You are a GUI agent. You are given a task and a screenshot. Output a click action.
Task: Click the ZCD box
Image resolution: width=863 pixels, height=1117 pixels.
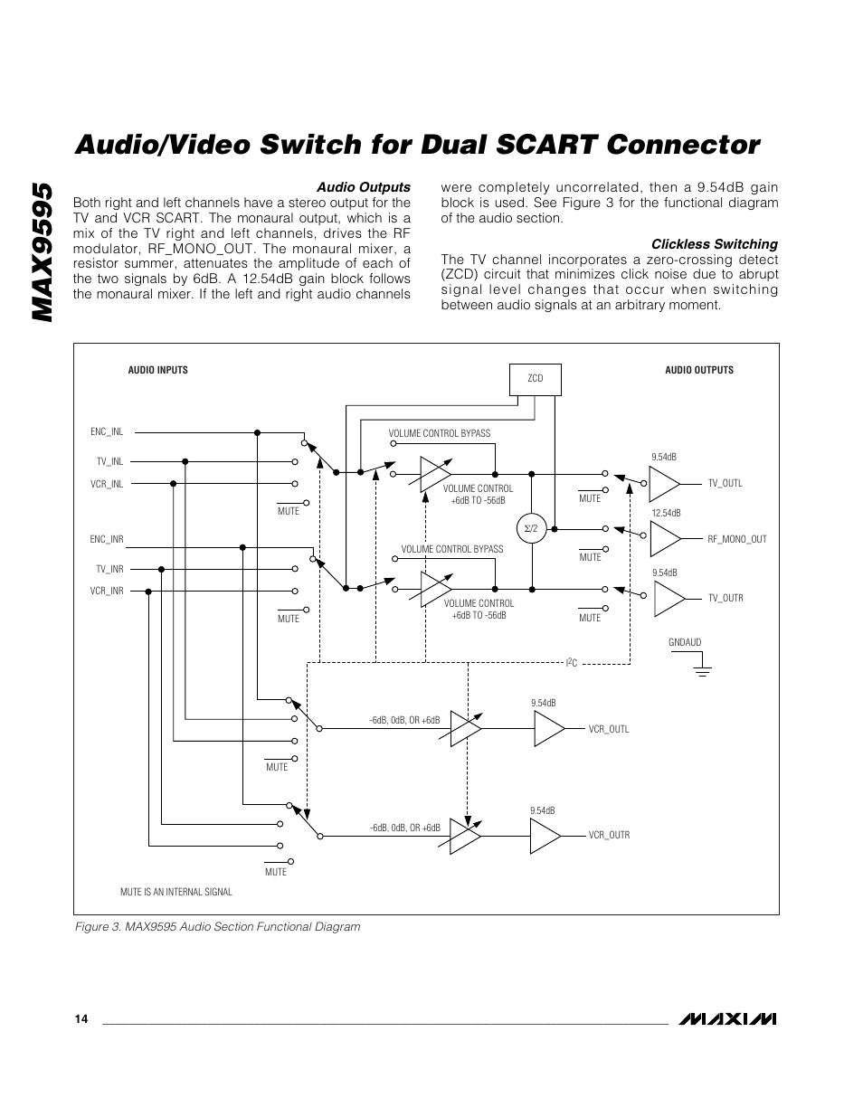click(x=536, y=379)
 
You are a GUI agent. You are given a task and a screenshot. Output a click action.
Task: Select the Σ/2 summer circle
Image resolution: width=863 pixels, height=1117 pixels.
click(x=532, y=527)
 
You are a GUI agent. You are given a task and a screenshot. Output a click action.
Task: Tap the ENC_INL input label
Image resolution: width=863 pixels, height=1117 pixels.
click(x=107, y=432)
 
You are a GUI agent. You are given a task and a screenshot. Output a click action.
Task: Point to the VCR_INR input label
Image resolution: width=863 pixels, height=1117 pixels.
click(x=107, y=591)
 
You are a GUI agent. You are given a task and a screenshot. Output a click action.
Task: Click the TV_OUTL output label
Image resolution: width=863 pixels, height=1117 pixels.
click(x=725, y=483)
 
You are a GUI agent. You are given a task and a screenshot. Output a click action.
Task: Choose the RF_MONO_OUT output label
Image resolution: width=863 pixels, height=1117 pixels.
click(x=736, y=539)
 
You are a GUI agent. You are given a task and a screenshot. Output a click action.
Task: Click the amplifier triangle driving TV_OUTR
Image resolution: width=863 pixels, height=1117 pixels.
click(x=669, y=598)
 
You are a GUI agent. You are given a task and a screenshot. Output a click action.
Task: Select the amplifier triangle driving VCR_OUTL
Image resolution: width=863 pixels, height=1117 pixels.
click(x=548, y=728)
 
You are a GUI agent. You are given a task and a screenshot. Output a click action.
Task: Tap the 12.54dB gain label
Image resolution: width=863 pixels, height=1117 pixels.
click(x=665, y=514)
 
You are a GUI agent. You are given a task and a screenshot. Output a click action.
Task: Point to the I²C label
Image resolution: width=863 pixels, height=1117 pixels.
click(x=572, y=664)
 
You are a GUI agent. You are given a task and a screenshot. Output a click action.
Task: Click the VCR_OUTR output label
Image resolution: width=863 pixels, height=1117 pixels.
click(x=609, y=835)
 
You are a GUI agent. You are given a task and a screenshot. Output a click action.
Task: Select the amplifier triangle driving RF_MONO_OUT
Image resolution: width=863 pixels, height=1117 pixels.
click(x=665, y=539)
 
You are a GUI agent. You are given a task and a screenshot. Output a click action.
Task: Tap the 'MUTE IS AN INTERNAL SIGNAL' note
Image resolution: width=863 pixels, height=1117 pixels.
click(x=176, y=892)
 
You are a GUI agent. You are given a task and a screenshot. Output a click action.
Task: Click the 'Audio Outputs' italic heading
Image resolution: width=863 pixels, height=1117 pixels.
click(x=363, y=187)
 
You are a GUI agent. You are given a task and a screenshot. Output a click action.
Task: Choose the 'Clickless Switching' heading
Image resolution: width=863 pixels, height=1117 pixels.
click(x=715, y=244)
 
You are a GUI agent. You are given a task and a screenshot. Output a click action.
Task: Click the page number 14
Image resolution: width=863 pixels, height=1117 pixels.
click(x=81, y=1019)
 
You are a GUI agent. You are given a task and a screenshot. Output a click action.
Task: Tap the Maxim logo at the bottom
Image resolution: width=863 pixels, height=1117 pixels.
click(x=728, y=1019)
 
